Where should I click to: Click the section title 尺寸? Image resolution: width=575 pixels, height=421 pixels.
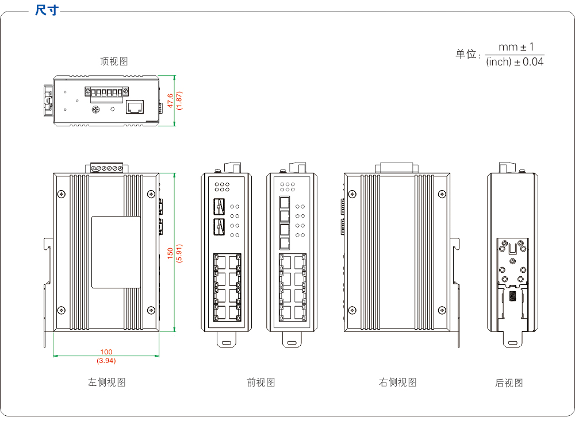[46, 10]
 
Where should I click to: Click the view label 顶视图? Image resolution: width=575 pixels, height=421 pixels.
[113, 61]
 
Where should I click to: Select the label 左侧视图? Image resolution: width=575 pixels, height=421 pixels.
[106, 382]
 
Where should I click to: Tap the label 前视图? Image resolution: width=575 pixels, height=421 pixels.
[260, 382]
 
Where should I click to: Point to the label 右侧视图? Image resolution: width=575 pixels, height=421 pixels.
[397, 382]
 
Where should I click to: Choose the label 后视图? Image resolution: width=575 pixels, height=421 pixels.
[509, 383]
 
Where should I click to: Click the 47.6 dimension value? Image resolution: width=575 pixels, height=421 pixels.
[170, 100]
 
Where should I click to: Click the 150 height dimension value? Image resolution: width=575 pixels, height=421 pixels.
[170, 253]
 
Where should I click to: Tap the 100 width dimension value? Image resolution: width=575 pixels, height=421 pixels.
[106, 352]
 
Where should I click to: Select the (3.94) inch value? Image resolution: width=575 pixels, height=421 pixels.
[106, 361]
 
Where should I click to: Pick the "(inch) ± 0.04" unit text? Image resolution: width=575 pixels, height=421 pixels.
[515, 62]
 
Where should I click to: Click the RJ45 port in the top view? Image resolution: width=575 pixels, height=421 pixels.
[135, 107]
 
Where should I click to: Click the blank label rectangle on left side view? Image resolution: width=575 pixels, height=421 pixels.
[116, 252]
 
